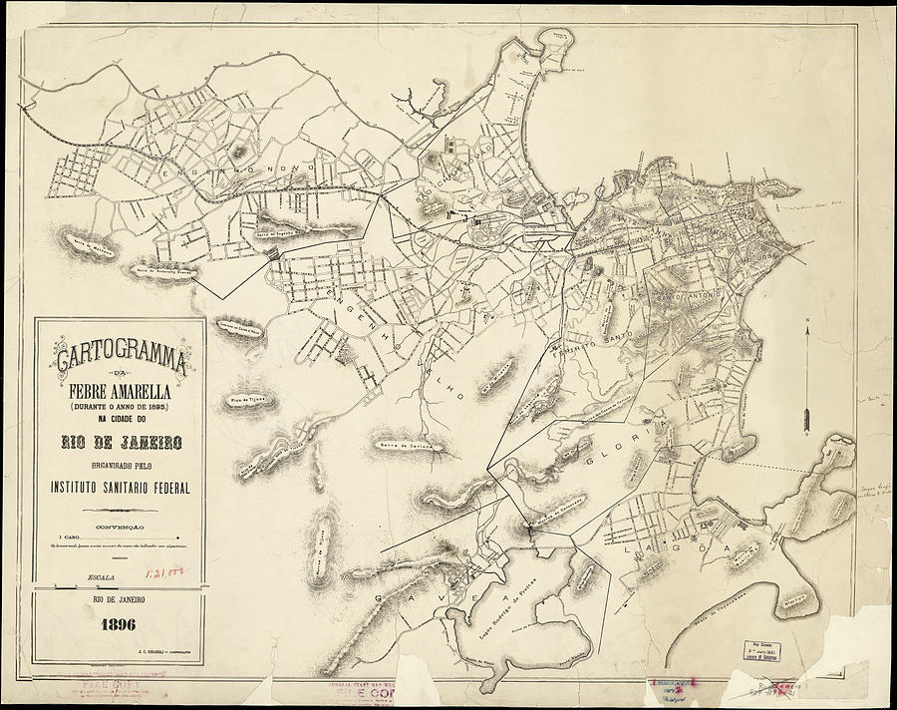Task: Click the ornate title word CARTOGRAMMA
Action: (120, 354)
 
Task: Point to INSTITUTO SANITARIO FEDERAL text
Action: (121, 488)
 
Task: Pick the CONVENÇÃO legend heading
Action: (120, 526)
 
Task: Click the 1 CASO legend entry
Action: (75, 536)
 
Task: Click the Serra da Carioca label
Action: (398, 446)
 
